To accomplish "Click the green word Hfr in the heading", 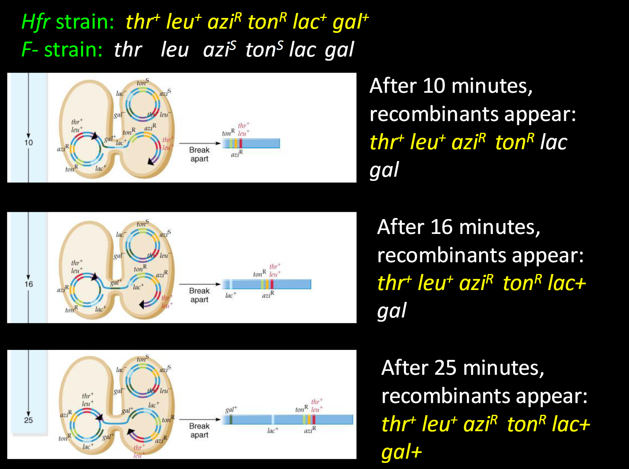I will [35, 22].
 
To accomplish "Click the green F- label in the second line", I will [29, 50].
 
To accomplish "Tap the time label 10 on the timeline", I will [29, 142].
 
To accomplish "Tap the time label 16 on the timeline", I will [29, 284].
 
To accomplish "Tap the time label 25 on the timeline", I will [29, 420].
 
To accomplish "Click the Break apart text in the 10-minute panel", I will [199, 154].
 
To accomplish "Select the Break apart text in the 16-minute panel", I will [199, 295].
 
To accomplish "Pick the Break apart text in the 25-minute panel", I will [199, 430].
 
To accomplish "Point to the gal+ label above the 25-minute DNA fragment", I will [231, 410].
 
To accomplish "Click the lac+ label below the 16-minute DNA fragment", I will [231, 295].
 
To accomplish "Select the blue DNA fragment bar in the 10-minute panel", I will [260, 143].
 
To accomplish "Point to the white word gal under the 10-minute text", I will [384, 170].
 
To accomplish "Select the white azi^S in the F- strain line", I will [219, 50].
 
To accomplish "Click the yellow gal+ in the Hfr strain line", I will [350, 22].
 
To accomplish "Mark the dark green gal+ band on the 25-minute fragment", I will [231, 420].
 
